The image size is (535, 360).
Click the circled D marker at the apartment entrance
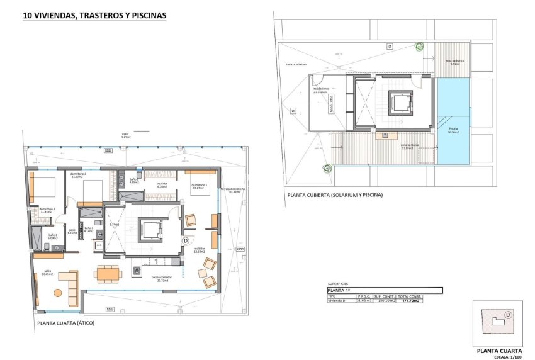pos(186,240)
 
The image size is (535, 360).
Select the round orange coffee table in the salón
pos(58,292)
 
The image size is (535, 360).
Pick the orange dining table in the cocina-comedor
pos(108,274)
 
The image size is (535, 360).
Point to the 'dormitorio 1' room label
pos(200,186)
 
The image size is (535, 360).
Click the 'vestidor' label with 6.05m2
pos(161,185)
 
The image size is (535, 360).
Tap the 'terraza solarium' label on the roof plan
pos(296,64)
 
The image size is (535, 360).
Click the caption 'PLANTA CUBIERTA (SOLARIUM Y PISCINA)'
pos(335,195)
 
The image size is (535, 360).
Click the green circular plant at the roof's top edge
pos(417,45)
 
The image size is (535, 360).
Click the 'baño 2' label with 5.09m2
pos(52,237)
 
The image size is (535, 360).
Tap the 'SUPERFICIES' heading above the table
pos(338,284)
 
